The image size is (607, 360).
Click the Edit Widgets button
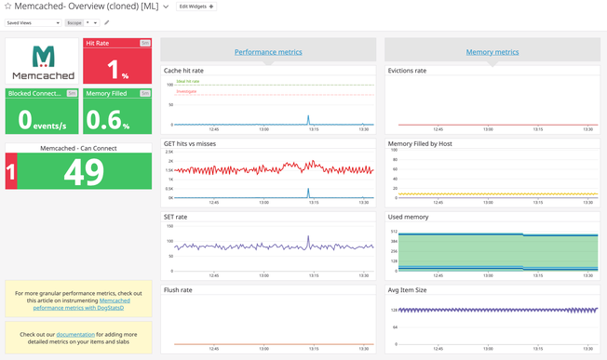point(196,7)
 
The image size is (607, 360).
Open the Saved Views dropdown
point(34,22)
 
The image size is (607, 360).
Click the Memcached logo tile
point(43,60)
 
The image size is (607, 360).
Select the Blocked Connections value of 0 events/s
point(43,118)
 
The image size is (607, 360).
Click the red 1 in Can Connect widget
point(11,172)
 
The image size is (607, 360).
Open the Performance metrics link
point(268,52)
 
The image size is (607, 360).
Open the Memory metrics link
point(492,52)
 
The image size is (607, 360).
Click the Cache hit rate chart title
point(183,70)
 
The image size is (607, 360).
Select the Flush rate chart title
point(178,289)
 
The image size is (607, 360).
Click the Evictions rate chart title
point(407,70)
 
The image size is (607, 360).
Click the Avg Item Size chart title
point(408,289)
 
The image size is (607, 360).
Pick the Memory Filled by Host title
point(420,143)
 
